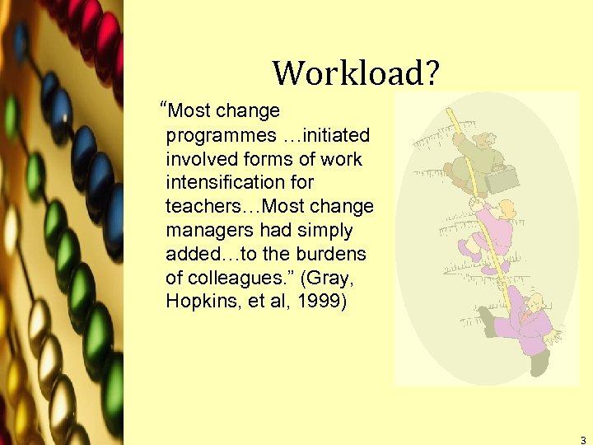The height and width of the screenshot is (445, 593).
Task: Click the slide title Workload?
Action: tap(357, 73)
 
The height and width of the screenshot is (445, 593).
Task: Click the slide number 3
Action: tap(582, 440)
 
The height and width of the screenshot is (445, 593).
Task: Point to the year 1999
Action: tap(325, 301)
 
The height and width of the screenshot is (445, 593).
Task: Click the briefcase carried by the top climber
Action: tap(503, 176)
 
